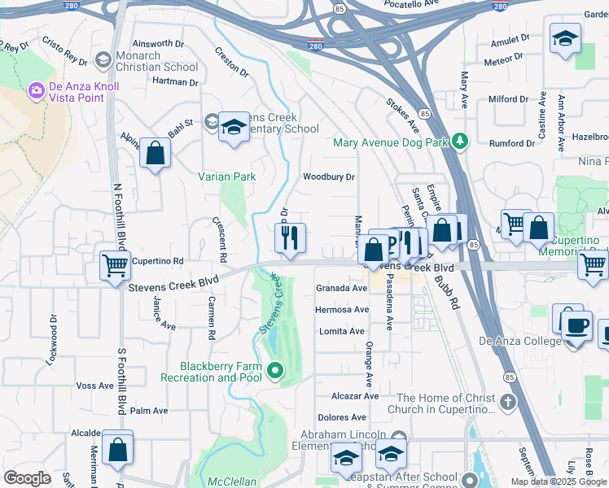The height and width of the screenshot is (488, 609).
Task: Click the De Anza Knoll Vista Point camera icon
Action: [x=36, y=89]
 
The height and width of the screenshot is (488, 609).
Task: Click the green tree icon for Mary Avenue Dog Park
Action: [x=461, y=142]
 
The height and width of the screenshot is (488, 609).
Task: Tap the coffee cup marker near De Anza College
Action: [x=577, y=325]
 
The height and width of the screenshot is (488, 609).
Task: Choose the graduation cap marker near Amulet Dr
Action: [x=564, y=38]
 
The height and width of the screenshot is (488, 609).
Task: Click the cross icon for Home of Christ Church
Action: [x=507, y=402]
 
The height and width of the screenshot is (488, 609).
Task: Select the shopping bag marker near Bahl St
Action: [x=155, y=153]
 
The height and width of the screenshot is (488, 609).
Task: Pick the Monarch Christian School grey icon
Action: [x=103, y=59]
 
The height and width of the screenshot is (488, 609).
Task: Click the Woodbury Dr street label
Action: [x=329, y=176]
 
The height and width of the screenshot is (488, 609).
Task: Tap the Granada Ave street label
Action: [x=341, y=288]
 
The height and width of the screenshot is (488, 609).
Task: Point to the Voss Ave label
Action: [x=94, y=386]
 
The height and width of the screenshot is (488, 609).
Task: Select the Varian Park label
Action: [x=227, y=176]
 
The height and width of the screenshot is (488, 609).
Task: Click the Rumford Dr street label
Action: [x=511, y=143]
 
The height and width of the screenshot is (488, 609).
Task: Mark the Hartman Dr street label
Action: [x=175, y=82]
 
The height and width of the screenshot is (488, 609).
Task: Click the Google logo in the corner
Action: [x=27, y=478]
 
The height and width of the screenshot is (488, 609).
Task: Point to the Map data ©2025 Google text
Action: [x=558, y=481]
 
